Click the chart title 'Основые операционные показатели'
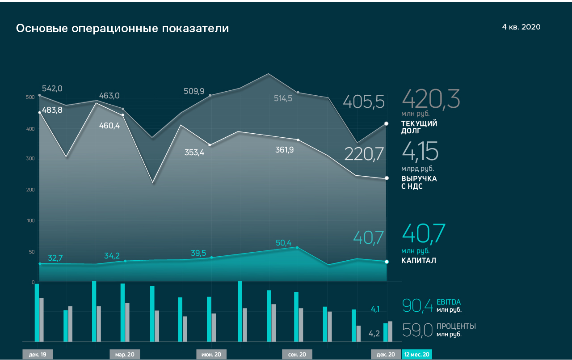click(122, 29)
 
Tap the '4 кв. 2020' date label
click(521, 27)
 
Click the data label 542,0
click(52, 89)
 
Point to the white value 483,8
click(52, 110)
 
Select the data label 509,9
click(194, 91)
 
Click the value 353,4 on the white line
click(194, 152)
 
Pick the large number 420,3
click(431, 99)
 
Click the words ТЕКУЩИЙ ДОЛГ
click(419, 127)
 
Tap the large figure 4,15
click(420, 151)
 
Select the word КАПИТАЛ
click(419, 260)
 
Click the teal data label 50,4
click(283, 243)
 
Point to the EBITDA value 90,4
click(417, 305)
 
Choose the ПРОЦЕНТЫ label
click(456, 326)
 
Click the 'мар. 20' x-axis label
click(125, 355)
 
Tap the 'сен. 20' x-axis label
click(297, 355)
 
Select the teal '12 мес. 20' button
click(417, 355)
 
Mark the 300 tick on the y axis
click(30, 159)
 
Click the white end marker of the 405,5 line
click(387, 123)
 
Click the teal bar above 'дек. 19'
click(37, 312)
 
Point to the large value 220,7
click(364, 154)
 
